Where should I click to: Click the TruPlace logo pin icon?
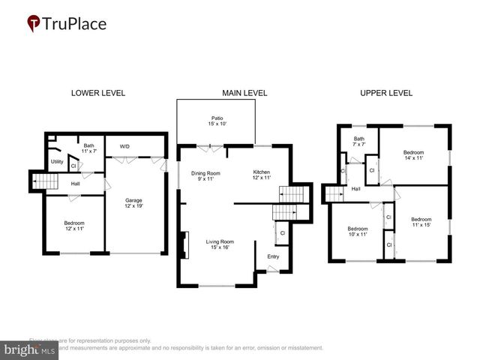coord(34,23)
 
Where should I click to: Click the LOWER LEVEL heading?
coord(97,93)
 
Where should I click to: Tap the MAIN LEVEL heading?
coord(244,93)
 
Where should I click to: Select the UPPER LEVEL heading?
coord(386,93)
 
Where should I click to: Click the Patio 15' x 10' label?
coord(217,121)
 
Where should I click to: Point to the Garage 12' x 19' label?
coord(133,203)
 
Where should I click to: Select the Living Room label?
coord(220,244)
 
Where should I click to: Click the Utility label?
coord(57,161)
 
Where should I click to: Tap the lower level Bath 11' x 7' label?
coord(88,148)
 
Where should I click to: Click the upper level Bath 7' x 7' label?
coord(358,141)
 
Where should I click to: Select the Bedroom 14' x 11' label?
coord(413,155)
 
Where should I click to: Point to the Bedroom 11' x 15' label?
coord(421,223)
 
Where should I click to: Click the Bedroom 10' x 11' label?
coord(357,232)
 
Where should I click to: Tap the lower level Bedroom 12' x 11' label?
coord(73,226)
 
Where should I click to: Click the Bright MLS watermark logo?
coord(30,349)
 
